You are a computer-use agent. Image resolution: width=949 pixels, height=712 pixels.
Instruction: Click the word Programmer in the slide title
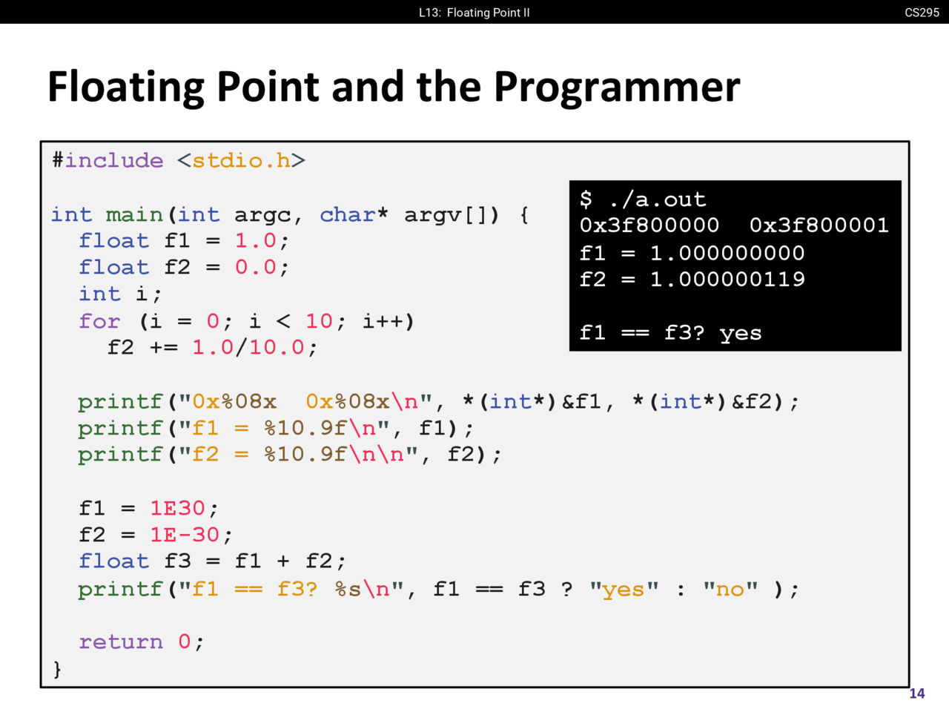tap(617, 87)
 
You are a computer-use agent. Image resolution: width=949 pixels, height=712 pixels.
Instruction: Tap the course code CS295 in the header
tap(922, 13)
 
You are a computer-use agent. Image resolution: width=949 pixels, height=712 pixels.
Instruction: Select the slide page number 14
tap(916, 693)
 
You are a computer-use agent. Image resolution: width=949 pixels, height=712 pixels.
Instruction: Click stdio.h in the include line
tap(241, 161)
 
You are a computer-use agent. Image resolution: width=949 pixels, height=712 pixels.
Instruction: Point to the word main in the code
tap(134, 215)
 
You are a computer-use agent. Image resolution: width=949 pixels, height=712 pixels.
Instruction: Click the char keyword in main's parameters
tap(348, 214)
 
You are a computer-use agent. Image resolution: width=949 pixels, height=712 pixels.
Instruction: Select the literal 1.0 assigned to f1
tap(256, 241)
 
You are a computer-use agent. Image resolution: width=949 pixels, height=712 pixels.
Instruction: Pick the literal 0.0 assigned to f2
tap(256, 267)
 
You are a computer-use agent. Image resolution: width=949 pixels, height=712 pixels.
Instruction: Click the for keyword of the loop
tap(99, 321)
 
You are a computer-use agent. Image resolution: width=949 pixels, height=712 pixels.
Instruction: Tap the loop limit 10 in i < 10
tap(319, 321)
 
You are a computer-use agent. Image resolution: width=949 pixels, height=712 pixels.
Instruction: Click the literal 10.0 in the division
tap(277, 348)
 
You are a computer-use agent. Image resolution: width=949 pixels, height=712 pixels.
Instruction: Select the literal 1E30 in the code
tap(177, 508)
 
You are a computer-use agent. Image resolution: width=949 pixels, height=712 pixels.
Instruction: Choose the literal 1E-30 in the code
tap(185, 535)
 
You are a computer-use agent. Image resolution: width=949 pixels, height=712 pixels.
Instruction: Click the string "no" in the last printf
tap(730, 588)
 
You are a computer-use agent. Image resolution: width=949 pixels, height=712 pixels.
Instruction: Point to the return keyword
tap(121, 642)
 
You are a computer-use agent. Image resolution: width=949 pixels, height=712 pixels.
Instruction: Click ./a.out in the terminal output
tap(657, 200)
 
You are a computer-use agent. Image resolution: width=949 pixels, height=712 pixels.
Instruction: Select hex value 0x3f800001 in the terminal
tap(819, 225)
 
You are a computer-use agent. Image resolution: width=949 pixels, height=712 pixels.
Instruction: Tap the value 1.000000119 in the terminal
tap(727, 280)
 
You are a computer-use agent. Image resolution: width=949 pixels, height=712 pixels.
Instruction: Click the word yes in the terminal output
tap(741, 334)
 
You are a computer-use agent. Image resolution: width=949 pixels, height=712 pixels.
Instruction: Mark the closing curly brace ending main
tap(57, 669)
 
